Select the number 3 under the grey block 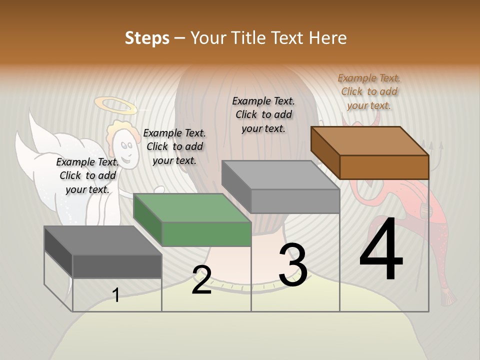coord(293,265)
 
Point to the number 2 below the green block coord(201,280)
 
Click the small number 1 coord(116,295)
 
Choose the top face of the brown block coord(369,140)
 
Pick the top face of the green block coord(191,207)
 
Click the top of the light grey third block coord(280,174)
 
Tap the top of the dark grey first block coord(102,240)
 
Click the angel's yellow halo coord(115,105)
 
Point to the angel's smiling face coord(125,150)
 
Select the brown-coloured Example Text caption coord(369,91)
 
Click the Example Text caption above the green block coord(174,146)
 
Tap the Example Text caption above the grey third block coord(263,114)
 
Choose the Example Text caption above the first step coord(87,175)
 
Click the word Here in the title coord(328,38)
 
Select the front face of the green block coord(206,234)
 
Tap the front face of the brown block coord(384,167)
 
